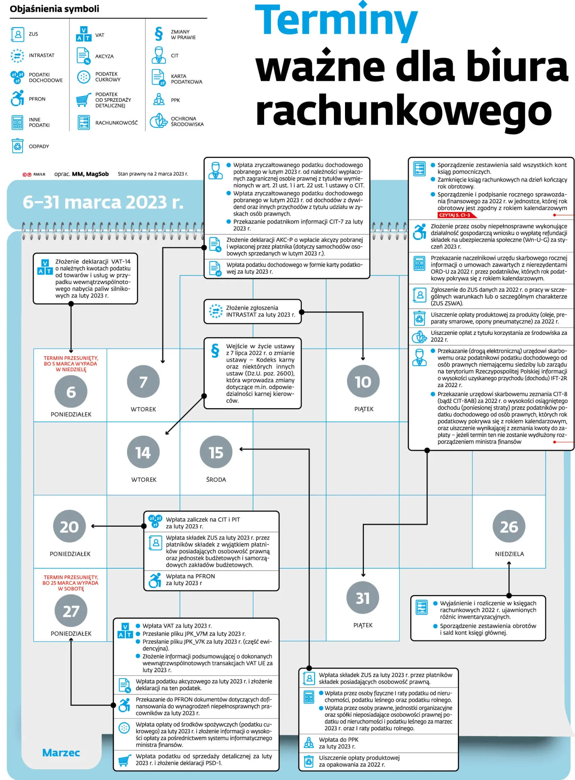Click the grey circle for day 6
coord(71,392)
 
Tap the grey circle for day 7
coord(143,382)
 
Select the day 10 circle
coord(363,381)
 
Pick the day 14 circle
coord(143,452)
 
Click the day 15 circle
coord(216,452)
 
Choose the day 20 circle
coord(69,526)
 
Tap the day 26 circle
coord(509,526)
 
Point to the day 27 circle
coord(71,611)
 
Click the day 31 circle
coord(363,598)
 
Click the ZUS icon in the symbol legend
coord(18,34)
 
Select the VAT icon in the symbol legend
coord(84,34)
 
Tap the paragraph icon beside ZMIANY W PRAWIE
coord(159,34)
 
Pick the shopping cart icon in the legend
coord(84,99)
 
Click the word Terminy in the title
coord(336,21)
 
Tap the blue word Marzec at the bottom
coord(61,752)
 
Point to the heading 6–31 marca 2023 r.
coord(103,202)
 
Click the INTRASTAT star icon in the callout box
coord(216,311)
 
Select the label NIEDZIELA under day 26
coord(509,554)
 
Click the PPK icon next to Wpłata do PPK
coord(309,742)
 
